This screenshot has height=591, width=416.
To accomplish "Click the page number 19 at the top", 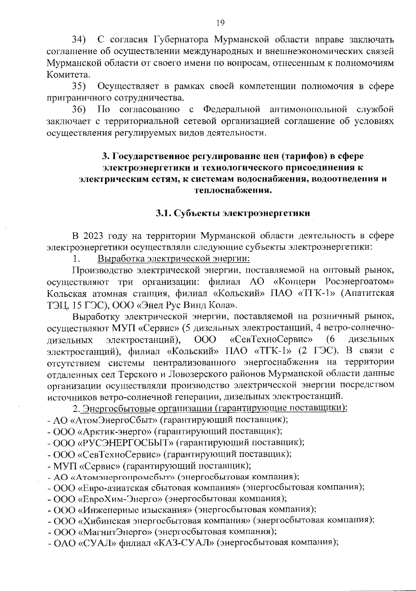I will point(220,23).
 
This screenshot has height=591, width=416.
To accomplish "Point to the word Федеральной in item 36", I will point(232,110).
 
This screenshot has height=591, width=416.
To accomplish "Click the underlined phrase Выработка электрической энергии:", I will point(174,259).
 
